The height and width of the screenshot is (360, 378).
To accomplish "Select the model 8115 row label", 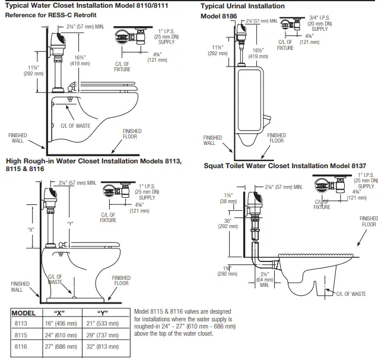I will click(x=20, y=334).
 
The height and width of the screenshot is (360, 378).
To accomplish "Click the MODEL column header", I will click(x=25, y=312).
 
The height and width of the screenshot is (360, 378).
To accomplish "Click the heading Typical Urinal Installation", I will click(x=242, y=6).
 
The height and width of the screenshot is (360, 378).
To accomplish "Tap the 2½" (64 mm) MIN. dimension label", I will click(x=263, y=277).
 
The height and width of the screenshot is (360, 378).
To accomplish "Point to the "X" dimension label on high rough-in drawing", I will click(x=30, y=229).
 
